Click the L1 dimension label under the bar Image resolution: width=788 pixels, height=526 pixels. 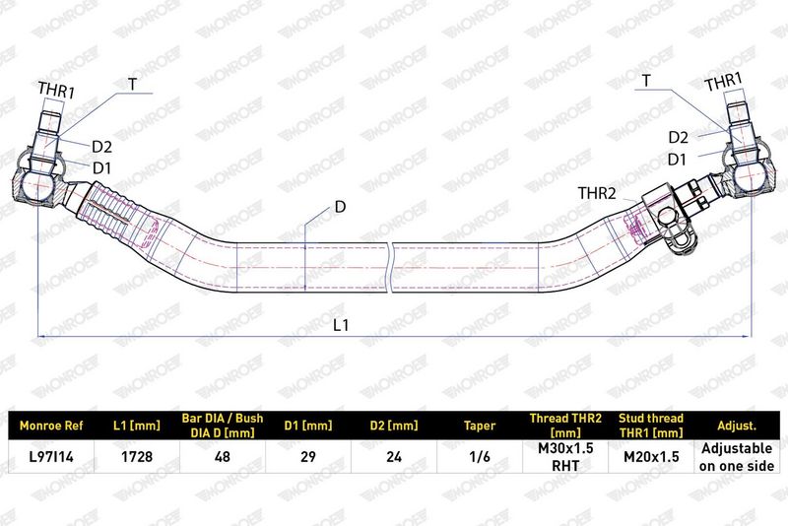[x=341, y=325]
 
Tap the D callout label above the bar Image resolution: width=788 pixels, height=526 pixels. [x=340, y=207]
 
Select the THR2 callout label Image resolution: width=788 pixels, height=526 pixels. [x=597, y=193]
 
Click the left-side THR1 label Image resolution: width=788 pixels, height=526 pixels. [x=56, y=91]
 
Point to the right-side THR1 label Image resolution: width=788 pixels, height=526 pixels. [x=723, y=82]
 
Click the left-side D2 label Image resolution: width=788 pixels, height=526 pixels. [x=101, y=147]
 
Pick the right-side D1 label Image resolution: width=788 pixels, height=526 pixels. [x=677, y=160]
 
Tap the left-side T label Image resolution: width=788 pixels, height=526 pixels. [x=133, y=84]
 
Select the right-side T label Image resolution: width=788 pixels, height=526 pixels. [x=646, y=81]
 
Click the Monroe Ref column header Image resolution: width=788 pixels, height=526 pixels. [x=51, y=427]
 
